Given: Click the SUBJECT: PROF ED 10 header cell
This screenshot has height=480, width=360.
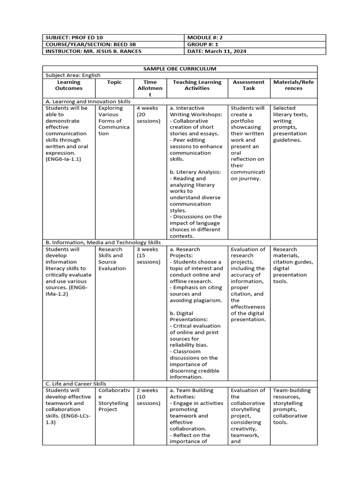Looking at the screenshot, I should [70, 37].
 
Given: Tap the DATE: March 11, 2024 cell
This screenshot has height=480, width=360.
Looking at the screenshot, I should [217, 51].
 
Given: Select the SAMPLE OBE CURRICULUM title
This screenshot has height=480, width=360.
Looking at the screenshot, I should [180, 69].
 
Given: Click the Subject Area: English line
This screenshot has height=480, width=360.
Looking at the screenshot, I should [73, 75].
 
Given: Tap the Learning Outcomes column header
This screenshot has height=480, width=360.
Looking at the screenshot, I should [68, 85].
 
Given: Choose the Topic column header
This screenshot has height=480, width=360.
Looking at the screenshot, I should [114, 82].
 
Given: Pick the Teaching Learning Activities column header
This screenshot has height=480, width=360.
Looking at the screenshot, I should [197, 85].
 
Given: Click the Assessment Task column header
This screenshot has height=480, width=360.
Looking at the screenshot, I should [248, 85].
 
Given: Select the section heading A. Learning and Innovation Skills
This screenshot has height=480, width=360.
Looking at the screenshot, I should [88, 101].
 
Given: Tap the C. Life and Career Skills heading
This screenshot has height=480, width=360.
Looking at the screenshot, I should [76, 383].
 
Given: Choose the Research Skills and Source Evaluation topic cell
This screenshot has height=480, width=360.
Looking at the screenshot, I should [112, 259].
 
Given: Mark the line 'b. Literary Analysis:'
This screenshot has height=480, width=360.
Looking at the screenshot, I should [195, 172].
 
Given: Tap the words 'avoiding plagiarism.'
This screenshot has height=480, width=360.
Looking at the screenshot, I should [195, 300].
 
